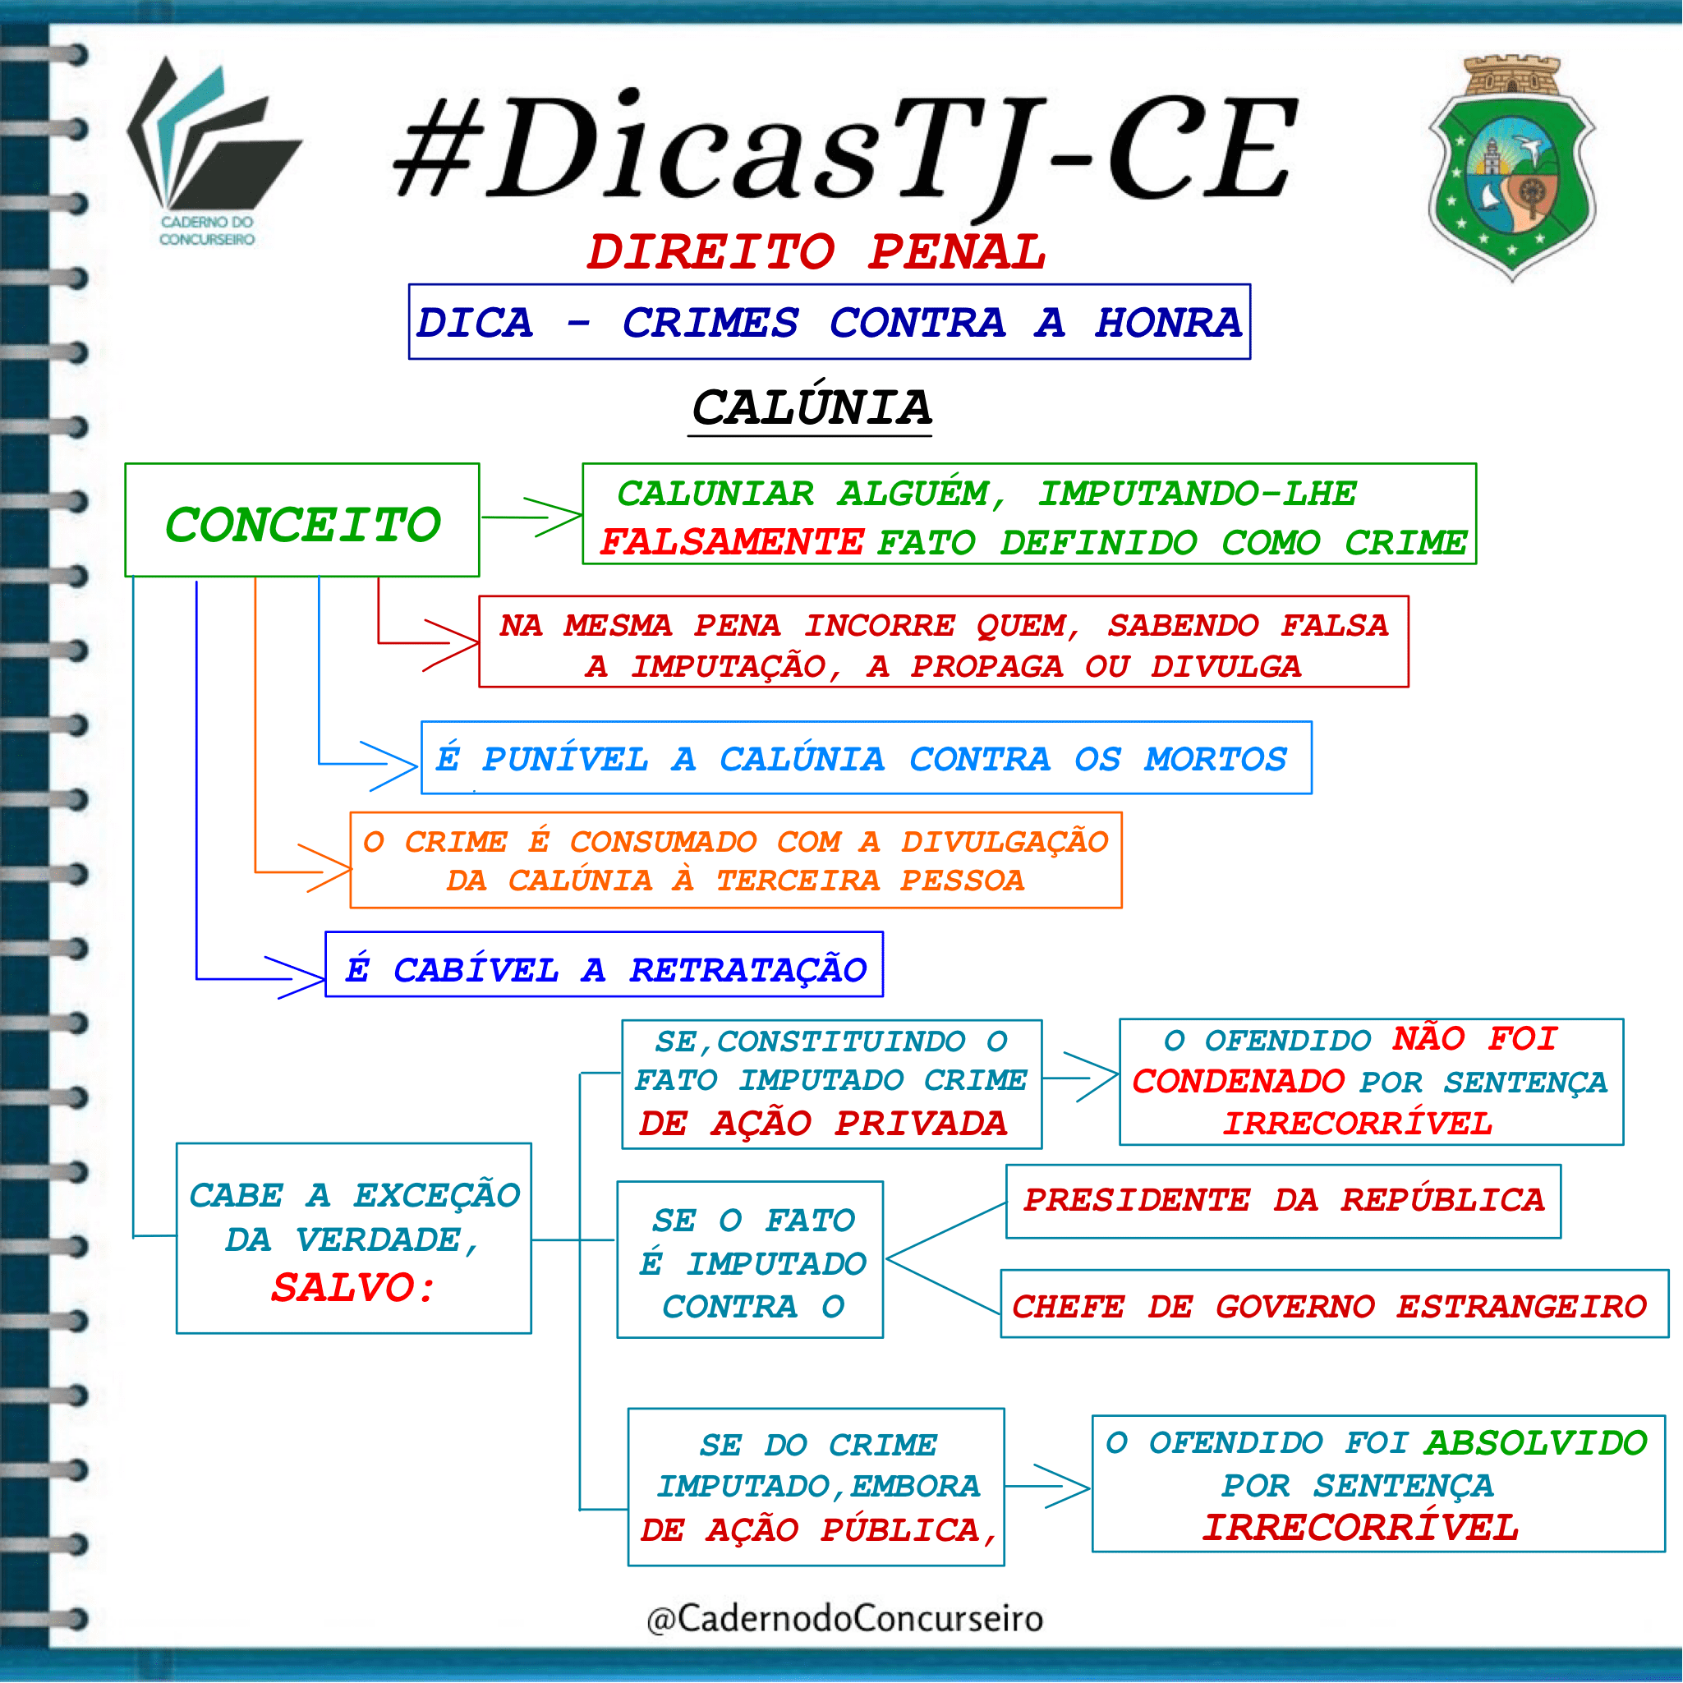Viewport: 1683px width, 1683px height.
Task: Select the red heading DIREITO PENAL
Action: point(816,252)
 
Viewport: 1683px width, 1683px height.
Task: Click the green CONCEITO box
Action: point(302,520)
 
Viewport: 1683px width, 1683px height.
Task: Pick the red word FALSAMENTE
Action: point(732,543)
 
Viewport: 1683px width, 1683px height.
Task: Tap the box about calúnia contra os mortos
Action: point(867,758)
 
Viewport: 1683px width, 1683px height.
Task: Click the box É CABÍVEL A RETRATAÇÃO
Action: point(605,964)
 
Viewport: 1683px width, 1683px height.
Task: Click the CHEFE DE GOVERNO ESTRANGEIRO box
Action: point(1335,1304)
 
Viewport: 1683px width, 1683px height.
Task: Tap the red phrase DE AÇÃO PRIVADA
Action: point(823,1124)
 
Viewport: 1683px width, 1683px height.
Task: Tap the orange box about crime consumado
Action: point(736,861)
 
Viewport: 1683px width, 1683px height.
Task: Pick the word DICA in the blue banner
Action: point(475,322)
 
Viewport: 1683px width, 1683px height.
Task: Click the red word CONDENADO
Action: point(1238,1082)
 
